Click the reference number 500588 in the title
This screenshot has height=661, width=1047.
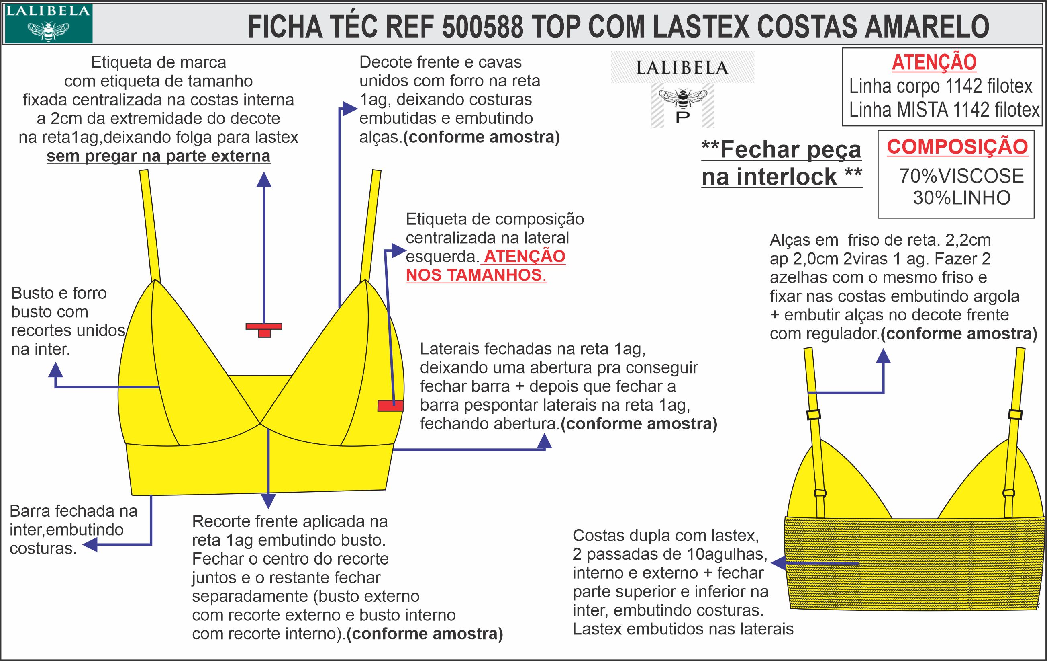coord(483,27)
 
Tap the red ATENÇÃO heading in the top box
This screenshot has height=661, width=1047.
coord(934,62)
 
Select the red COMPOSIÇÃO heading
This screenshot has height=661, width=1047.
coord(957,147)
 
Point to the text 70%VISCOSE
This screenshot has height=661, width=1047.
coord(961,176)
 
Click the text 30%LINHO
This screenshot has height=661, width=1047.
coord(961,198)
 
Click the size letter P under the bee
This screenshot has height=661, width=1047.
coord(683,117)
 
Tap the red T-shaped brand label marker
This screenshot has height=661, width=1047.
coord(264,329)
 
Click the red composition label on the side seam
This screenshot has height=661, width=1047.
coord(390,406)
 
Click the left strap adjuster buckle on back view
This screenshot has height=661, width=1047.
coord(814,414)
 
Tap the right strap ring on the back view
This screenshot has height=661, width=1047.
coord(1009,493)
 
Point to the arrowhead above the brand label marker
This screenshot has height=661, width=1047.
coord(264,180)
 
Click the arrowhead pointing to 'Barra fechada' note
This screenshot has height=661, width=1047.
coord(90,544)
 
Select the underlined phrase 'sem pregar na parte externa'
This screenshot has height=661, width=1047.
coord(158,156)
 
